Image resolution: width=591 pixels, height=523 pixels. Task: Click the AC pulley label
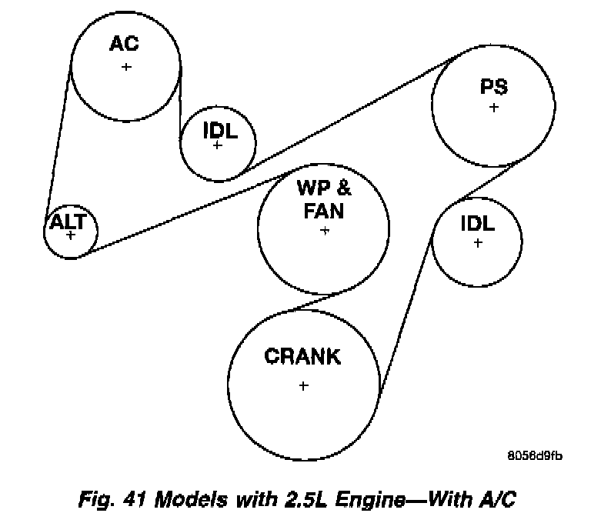[124, 44]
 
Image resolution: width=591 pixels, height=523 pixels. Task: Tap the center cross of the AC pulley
[126, 67]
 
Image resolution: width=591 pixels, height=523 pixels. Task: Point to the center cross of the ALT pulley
[71, 234]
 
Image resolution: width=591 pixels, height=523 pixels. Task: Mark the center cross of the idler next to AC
[217, 145]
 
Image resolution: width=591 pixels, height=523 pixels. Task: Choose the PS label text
[493, 86]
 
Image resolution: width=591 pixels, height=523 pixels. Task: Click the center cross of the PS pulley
[493, 107]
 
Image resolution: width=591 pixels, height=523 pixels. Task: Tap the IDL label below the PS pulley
[478, 224]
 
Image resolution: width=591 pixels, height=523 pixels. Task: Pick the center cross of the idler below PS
[478, 242]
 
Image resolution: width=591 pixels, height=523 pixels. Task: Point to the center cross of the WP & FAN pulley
[325, 230]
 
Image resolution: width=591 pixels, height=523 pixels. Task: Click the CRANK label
[302, 357]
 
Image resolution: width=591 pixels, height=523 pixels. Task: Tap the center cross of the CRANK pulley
[303, 385]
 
